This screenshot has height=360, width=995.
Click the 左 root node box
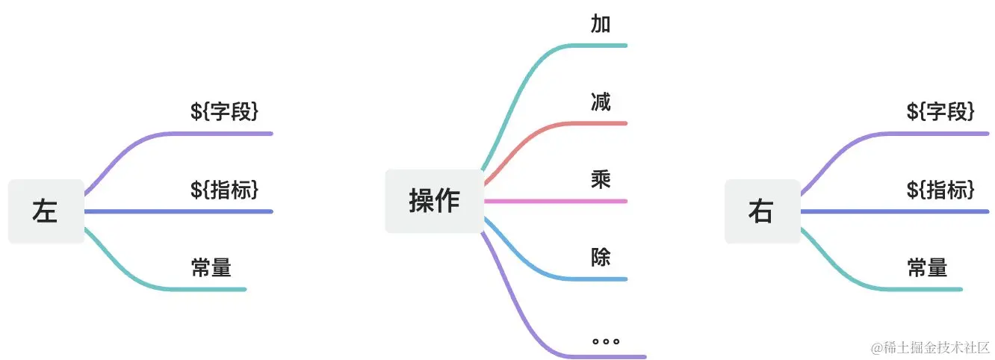coord(46,211)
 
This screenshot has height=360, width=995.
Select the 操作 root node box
coord(434,201)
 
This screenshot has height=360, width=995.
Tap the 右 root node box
coord(761,211)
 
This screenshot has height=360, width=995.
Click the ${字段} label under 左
coord(225,112)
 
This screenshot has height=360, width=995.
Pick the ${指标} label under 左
coord(225,190)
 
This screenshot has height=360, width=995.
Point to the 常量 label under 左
coord(211,267)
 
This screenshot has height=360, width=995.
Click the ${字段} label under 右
coord(940,112)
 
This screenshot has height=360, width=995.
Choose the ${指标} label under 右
coord(940,190)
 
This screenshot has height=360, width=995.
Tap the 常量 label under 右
coord(927,267)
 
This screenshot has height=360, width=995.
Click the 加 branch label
coord(601,25)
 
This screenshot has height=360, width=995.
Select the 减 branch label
coord(601,102)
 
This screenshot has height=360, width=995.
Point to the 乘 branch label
coord(601,179)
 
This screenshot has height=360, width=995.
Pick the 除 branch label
coord(601,258)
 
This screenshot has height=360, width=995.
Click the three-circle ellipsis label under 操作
coord(606,341)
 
